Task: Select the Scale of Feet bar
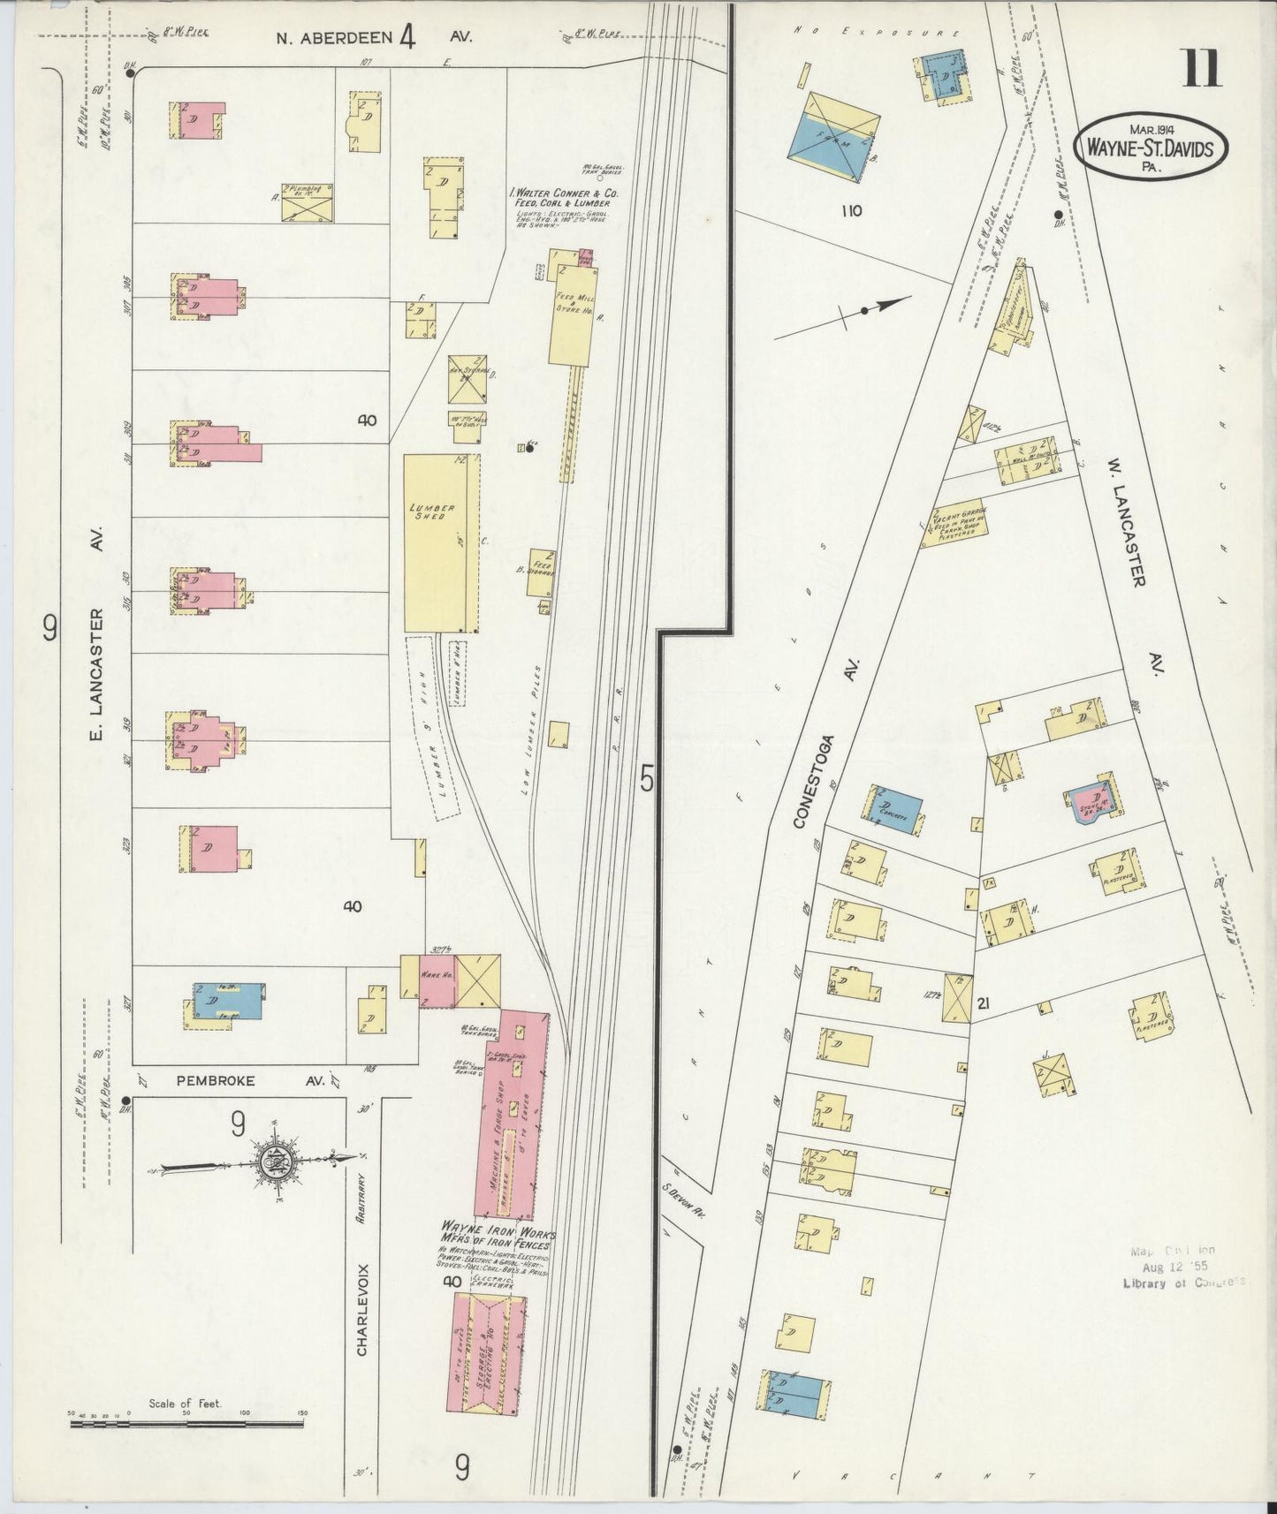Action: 186,1422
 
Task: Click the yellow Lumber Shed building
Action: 436,542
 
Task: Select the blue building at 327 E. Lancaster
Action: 228,1001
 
